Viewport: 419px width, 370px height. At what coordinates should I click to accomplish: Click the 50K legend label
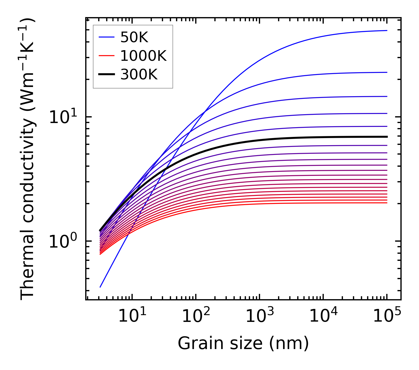tap(134, 37)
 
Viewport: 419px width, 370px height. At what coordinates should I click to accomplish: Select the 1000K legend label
tap(143, 56)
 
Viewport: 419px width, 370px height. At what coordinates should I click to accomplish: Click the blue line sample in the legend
tap(106, 37)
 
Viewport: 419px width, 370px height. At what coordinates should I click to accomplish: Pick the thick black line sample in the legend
tap(106, 74)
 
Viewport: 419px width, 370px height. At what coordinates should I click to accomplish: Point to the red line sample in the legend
tap(106, 56)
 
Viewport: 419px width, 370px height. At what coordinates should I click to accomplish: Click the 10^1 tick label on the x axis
tap(132, 316)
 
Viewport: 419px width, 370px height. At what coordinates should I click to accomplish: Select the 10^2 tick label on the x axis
tap(195, 316)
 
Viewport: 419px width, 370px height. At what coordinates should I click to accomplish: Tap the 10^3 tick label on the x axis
tap(259, 316)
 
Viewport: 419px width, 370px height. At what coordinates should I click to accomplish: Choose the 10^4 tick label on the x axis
tap(323, 316)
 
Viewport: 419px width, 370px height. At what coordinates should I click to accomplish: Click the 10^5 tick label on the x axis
tap(387, 316)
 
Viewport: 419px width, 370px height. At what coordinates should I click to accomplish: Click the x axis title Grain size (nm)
tap(243, 343)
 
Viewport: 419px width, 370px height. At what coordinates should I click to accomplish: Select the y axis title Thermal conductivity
tap(28, 159)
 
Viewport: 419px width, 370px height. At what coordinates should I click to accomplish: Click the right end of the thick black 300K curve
tap(387, 137)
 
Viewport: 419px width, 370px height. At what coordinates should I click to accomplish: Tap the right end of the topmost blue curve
tap(387, 30)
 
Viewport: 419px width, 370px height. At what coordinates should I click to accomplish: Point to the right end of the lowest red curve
tap(387, 203)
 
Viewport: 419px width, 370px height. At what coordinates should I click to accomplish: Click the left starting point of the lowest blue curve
tap(100, 287)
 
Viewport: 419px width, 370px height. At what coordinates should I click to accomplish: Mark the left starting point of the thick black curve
tap(100, 230)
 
